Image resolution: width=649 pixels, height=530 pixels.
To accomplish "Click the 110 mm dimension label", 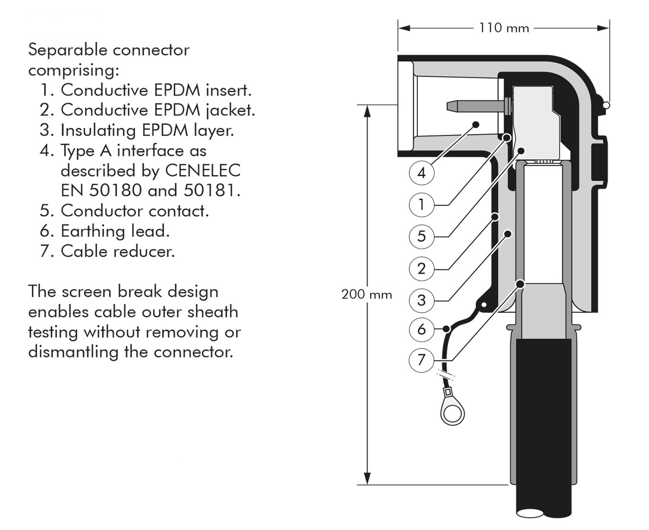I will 504,28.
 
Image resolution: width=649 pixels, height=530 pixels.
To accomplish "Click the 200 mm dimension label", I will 366,294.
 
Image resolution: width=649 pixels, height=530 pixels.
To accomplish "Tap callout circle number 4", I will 422,173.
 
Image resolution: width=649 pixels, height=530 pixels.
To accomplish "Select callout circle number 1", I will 422,204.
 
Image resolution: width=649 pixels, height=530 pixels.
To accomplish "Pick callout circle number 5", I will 422,236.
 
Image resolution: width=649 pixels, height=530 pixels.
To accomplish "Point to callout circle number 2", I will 422,268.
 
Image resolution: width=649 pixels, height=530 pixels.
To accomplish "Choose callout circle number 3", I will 422,300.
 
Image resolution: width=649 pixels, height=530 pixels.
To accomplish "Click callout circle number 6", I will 422,329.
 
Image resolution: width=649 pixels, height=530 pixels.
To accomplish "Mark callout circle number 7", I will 422,359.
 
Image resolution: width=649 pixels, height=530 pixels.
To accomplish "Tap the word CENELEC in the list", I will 203,170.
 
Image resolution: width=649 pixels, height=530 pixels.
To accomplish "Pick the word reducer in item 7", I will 146,251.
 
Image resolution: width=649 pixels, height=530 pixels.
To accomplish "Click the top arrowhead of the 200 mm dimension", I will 367,111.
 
